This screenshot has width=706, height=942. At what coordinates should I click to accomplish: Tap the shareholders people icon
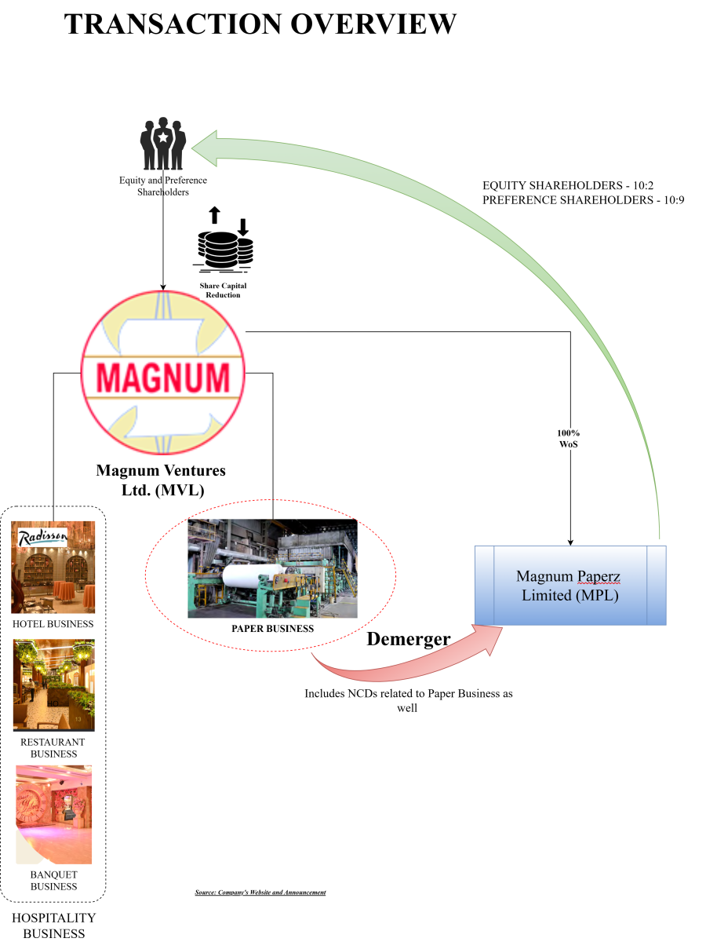point(163,144)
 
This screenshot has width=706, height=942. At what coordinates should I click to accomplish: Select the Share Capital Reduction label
point(223,290)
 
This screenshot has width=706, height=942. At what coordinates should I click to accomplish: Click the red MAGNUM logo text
point(163,377)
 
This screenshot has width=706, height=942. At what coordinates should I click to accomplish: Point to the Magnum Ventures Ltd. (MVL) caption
point(161,480)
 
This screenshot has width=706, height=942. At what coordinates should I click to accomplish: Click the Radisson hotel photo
point(53,568)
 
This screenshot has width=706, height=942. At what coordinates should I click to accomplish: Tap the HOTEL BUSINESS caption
point(53,624)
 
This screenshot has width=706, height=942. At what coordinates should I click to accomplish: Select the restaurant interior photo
point(53,685)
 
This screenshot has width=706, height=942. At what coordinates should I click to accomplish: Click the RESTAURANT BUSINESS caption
point(53,747)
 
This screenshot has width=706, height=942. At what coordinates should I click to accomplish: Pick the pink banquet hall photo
point(53,815)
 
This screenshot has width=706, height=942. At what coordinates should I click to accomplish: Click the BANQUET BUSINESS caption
point(53,880)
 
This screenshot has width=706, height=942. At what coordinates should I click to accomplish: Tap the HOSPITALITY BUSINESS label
point(53,926)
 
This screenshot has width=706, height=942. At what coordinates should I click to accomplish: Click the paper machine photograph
point(272,568)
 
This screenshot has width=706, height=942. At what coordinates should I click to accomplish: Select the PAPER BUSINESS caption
point(272,629)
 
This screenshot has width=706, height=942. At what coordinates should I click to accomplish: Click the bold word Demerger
point(409,639)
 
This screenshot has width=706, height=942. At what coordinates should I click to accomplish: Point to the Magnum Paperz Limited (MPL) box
point(570,586)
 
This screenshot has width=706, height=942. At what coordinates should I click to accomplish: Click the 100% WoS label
point(569,439)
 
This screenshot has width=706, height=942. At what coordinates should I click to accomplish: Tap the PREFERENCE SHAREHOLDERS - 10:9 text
point(584,200)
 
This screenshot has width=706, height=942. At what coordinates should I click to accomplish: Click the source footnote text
point(260,893)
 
